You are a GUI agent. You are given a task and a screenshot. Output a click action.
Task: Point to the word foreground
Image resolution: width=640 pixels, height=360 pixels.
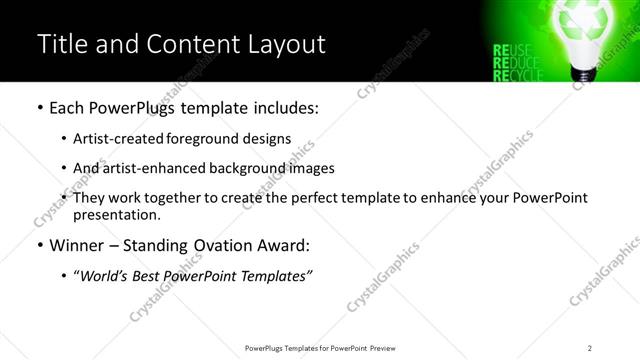207,138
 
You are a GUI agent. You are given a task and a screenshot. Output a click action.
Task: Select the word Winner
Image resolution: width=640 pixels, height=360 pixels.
78,245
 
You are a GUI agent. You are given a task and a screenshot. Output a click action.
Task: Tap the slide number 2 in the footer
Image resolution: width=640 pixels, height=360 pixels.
590,348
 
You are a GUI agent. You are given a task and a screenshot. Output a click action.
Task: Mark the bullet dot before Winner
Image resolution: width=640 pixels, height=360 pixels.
39,245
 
